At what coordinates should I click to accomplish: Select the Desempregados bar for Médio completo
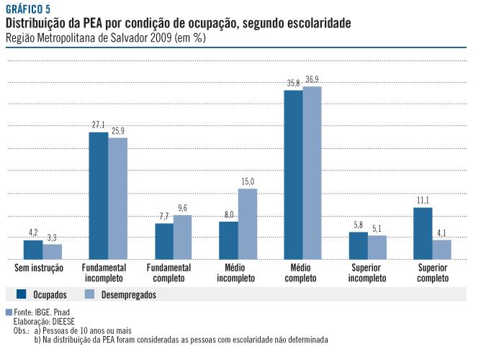312,173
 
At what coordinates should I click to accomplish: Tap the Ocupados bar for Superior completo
423,233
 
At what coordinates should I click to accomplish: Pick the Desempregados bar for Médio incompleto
248,224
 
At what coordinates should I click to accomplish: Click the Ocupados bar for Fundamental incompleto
99,196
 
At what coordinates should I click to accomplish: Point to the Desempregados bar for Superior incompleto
377,247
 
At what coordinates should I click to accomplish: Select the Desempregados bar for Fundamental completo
183,237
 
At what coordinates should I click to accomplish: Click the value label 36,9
312,79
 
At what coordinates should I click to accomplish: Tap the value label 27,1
99,125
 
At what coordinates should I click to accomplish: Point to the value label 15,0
248,181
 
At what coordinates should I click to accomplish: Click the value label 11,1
423,200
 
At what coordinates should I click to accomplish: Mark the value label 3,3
53,237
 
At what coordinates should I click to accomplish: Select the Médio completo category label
302,272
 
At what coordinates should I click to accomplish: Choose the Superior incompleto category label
367,272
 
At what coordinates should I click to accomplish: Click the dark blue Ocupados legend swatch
22,294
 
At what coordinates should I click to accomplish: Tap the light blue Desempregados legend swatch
90,294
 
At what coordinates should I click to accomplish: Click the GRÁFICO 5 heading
27,9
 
